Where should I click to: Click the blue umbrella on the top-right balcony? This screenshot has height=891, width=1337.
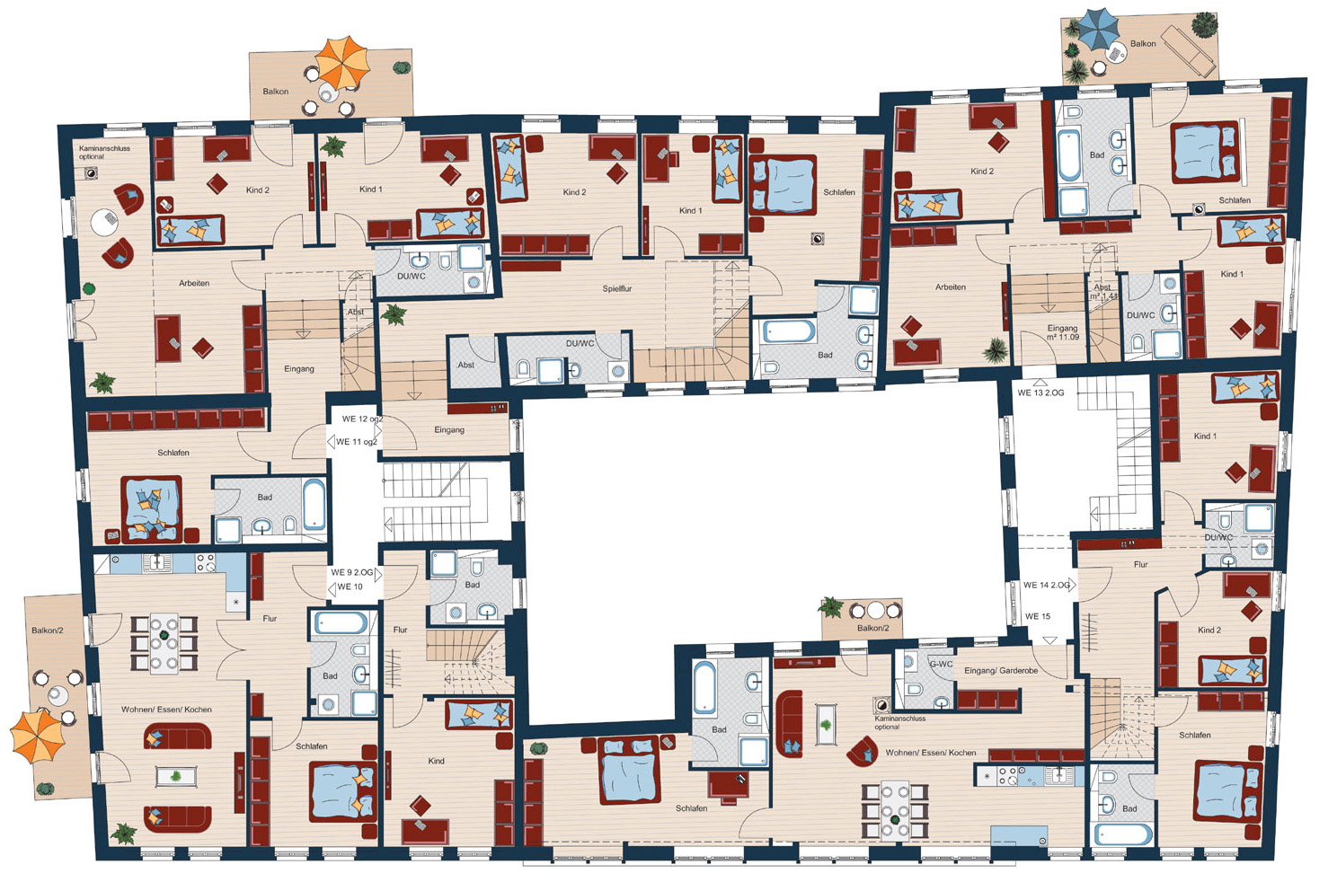pos(1099,29)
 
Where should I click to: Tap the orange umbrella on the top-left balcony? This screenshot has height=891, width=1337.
pos(342,62)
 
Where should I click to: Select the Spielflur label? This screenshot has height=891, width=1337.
pos(616,289)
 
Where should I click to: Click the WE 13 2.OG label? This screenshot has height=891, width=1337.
pos(1040,393)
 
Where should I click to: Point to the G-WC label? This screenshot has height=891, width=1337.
pos(941,665)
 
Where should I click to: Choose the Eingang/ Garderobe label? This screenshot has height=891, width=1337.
pos(1001,671)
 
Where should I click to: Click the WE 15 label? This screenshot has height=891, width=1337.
pos(1038,616)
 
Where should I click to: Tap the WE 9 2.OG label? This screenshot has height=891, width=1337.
pos(352,572)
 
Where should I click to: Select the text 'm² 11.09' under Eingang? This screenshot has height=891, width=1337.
pos(1062,337)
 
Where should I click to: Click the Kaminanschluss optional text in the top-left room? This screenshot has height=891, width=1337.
pos(104,152)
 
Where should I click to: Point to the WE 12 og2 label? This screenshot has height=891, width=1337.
pos(362,419)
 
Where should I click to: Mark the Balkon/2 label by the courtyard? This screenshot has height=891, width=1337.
pos(872,628)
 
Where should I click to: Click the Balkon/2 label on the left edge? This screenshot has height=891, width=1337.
pos(47,631)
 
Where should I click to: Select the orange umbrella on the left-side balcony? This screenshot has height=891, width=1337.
pos(37,736)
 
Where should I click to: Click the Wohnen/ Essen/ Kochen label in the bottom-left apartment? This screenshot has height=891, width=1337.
pos(166,710)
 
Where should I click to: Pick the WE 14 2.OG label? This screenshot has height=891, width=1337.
pos(1046,585)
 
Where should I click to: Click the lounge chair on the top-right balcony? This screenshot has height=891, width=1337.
pos(1189,50)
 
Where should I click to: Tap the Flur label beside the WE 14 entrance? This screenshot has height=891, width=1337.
pos(1140,564)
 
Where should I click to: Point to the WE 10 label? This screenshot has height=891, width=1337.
pos(350,587)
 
